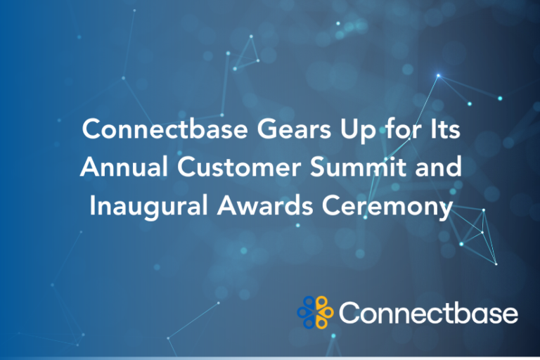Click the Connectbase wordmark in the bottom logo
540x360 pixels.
pos(428,312)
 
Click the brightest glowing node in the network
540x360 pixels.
pos(437,75)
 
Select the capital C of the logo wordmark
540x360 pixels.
pos(349,312)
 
